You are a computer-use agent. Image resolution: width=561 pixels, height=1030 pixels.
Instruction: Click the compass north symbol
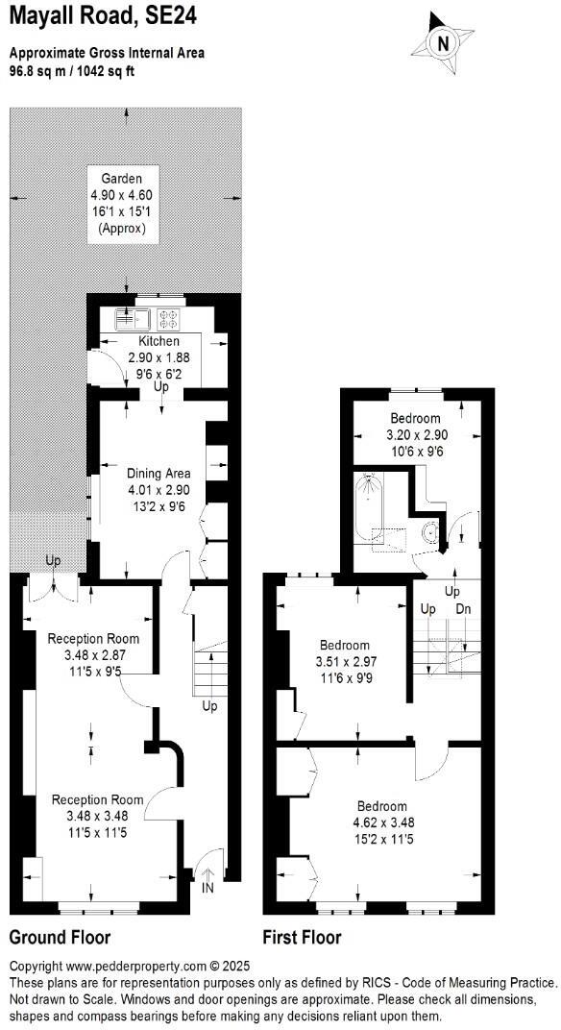443,43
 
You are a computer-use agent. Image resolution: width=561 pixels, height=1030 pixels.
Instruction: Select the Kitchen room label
159,341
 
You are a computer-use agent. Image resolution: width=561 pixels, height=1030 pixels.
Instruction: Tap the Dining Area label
159,473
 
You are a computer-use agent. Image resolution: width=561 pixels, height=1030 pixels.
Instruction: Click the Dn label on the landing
463,609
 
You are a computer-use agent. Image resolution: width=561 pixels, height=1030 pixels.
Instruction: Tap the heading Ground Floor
60,937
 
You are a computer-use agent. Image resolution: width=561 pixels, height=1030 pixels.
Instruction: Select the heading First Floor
302,937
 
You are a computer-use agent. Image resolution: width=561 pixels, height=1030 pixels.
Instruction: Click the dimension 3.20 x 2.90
415,434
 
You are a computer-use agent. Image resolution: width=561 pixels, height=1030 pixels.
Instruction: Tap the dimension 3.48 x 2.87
93,654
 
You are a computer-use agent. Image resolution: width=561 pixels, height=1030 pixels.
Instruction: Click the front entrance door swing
209,862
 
